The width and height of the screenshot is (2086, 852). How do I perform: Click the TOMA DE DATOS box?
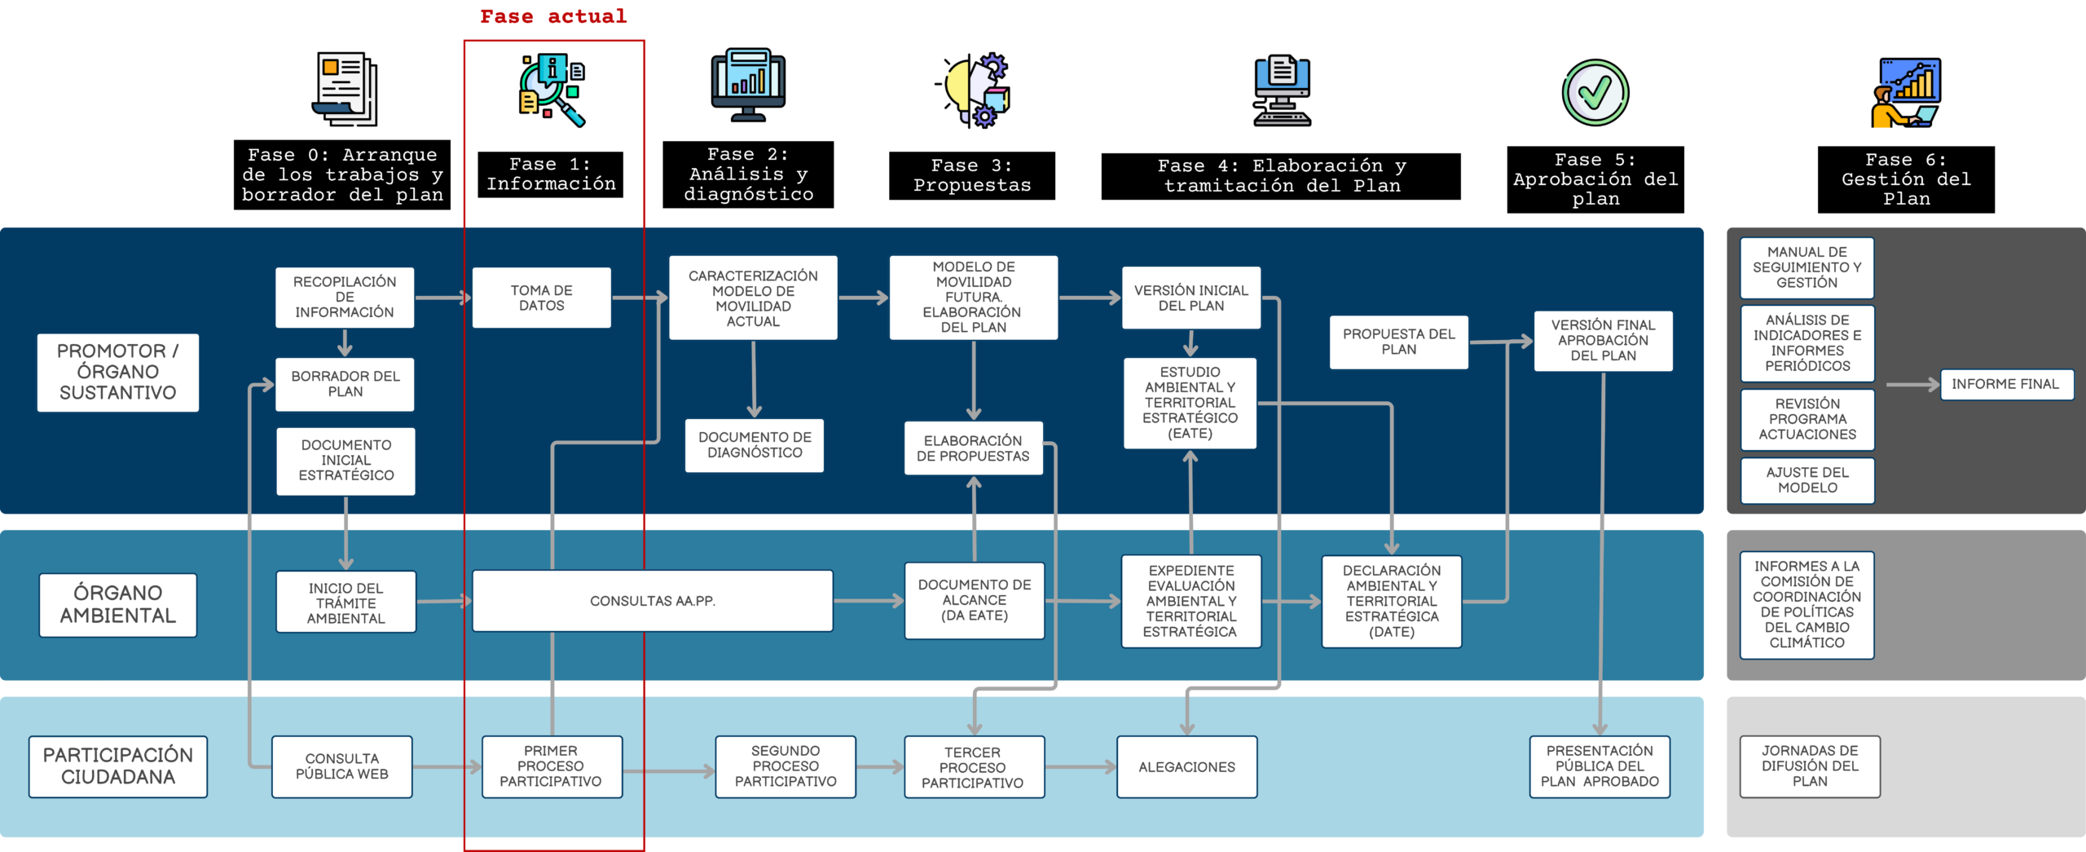coord(541,298)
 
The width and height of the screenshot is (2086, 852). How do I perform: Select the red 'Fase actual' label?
coord(553,16)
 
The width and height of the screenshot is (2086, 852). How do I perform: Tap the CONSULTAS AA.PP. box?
coord(652,601)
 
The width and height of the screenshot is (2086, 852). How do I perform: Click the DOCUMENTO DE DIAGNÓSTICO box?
coord(755,445)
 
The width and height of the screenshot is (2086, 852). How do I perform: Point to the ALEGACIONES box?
coord(1186,766)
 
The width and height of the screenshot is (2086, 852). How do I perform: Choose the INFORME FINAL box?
coord(2005,384)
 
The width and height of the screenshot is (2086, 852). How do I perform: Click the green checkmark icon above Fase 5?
coord(1595,92)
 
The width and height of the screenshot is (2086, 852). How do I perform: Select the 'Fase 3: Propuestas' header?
coord(972,175)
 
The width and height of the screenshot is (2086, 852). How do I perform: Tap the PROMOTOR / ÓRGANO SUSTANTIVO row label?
coord(118,372)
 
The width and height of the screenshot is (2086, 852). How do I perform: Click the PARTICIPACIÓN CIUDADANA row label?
coord(118,766)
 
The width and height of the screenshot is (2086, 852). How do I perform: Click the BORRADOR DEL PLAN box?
coord(345,384)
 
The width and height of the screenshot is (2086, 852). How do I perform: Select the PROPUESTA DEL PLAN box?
coord(1399,342)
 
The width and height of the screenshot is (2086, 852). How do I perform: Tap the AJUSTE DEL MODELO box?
coord(1807,480)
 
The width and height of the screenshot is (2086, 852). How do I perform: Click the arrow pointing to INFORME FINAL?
coord(1912,384)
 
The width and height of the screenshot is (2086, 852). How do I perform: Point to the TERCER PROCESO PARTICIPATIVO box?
coord(973,767)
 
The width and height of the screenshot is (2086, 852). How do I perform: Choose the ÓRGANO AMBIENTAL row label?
coord(118,604)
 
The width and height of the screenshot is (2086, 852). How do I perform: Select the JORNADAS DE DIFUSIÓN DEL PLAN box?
coord(1810,766)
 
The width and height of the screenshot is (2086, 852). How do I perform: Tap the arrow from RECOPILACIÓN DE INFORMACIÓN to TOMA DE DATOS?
coord(443,298)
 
